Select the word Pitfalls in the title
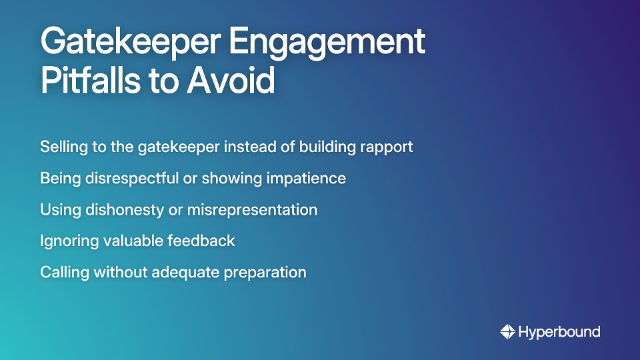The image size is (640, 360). coord(99,82)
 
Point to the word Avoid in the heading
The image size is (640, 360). coord(231,82)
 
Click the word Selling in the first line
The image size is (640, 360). coord(62,147)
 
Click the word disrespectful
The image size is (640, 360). coord(128,178)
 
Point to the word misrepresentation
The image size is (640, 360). coord(252,209)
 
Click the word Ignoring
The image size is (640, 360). coord(68,241)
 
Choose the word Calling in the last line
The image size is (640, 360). coord(65,272)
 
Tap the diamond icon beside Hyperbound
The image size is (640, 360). coord(507,331)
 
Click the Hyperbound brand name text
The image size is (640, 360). coord(559,331)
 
